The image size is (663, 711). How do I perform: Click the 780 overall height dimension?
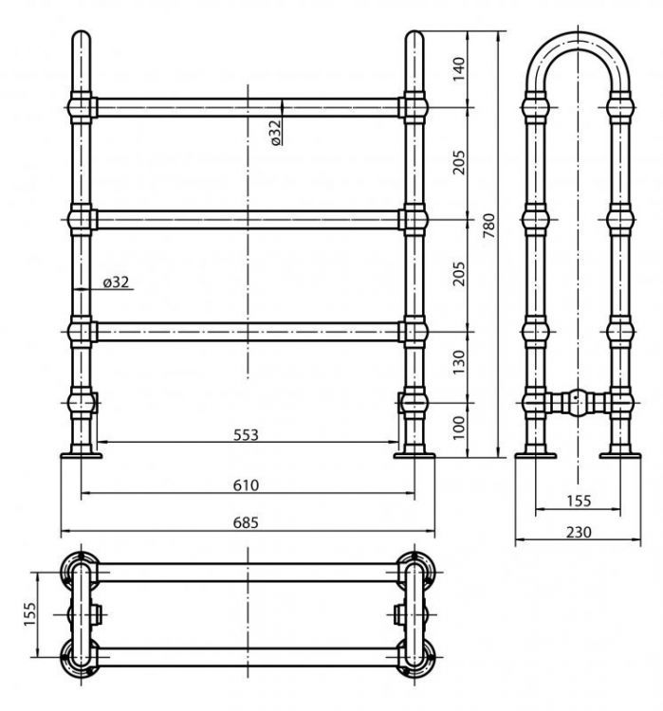[x=488, y=227]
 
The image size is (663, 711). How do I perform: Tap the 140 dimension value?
[x=459, y=69]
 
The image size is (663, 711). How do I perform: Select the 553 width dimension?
[x=246, y=435]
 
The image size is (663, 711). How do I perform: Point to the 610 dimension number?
[x=246, y=485]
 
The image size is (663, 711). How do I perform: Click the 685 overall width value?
[x=246, y=522]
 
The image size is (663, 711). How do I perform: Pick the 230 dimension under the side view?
[x=579, y=532]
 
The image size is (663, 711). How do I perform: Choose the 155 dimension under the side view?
[x=579, y=501]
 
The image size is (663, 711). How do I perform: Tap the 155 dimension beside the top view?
[x=30, y=614]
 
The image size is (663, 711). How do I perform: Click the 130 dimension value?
[x=459, y=362]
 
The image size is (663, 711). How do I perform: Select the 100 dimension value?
[x=459, y=428]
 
